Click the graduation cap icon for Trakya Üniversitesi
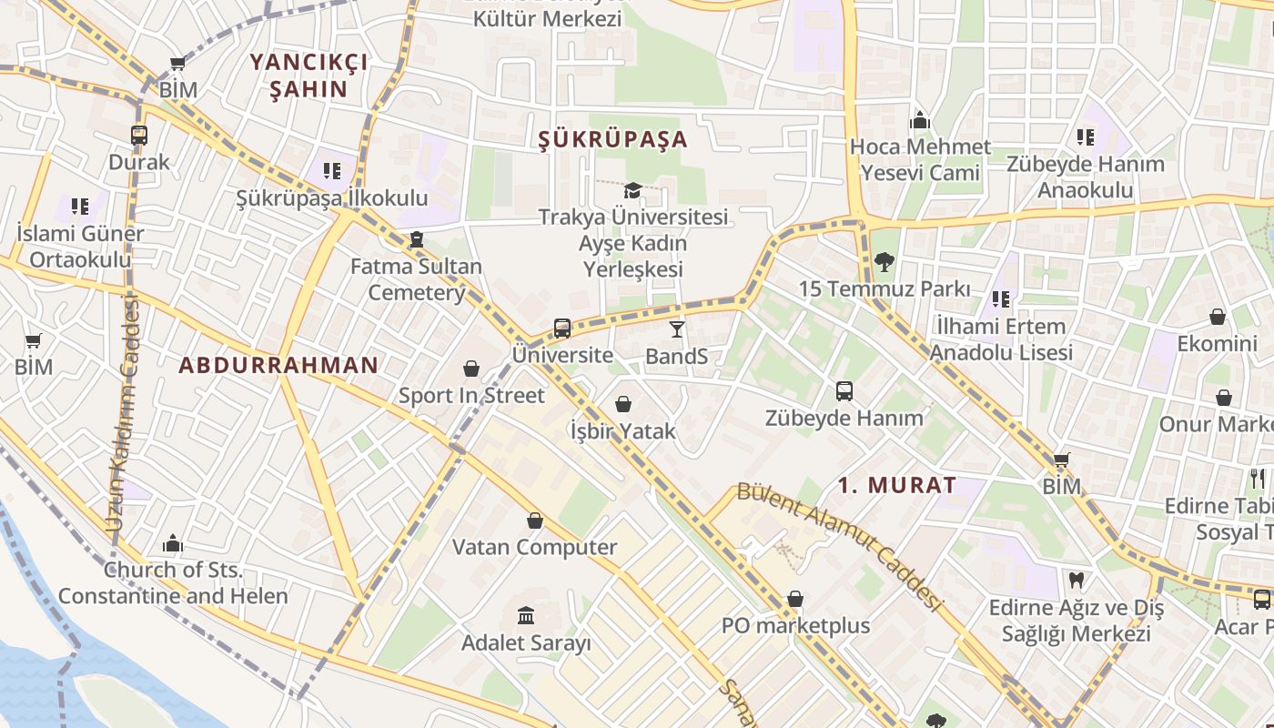[632, 190]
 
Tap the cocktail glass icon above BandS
[676, 329]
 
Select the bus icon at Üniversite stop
[562, 328]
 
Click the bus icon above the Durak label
[139, 136]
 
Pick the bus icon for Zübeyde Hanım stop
[844, 391]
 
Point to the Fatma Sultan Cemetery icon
[417, 239]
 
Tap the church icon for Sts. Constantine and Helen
[173, 544]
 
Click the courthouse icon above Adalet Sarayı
[526, 616]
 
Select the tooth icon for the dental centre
[1076, 580]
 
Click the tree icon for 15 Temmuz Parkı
[883, 262]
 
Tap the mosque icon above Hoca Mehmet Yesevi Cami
[920, 120]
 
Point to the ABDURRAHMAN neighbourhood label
[278, 366]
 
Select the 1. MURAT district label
[897, 485]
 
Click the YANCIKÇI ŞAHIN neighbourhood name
[308, 76]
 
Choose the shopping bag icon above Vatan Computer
[535, 521]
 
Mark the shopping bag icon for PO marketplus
[795, 599]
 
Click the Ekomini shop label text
[1217, 344]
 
